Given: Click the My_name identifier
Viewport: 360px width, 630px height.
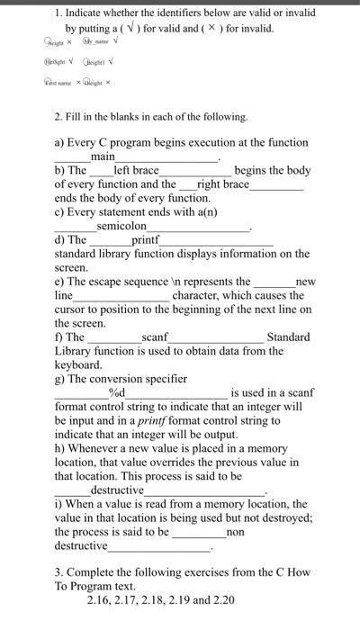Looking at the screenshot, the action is click(96, 41).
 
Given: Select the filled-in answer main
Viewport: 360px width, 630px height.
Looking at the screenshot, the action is click(103, 157).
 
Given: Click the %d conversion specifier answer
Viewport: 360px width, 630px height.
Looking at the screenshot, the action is click(117, 393).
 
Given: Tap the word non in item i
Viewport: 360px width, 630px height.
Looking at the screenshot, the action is click(235, 532).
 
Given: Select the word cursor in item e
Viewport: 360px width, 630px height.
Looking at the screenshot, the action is click(75, 310).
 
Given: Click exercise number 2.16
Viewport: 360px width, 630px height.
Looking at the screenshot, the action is click(100, 600).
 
